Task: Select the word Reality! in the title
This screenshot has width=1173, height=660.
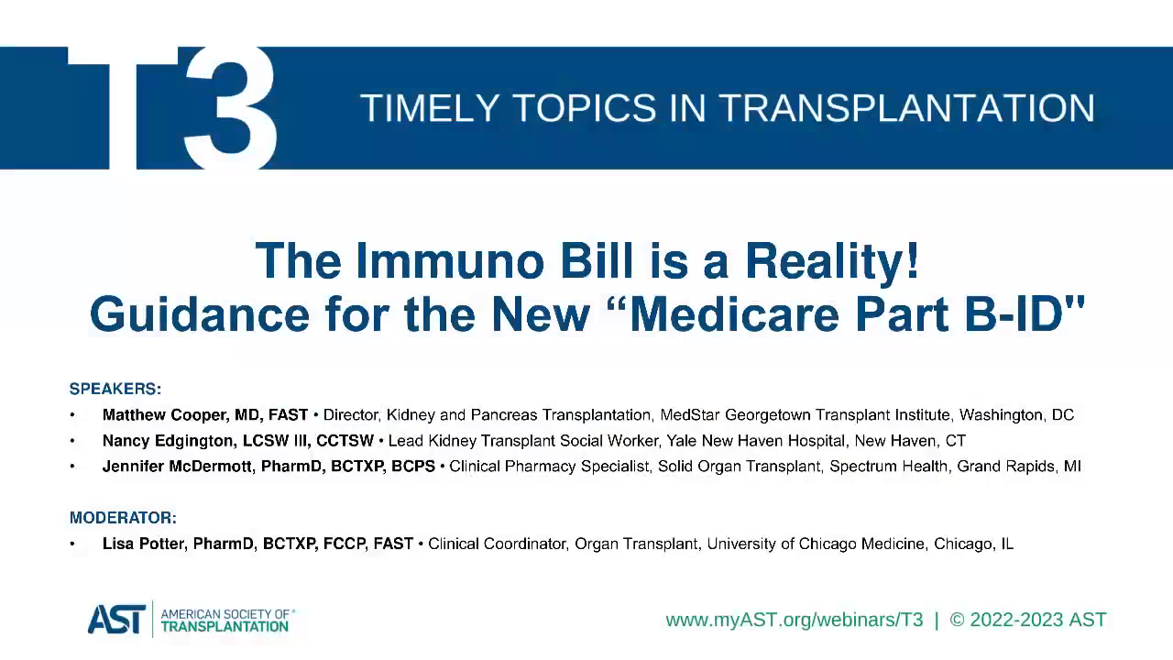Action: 832,261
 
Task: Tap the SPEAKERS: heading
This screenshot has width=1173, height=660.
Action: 115,389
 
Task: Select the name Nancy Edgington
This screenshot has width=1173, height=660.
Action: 170,441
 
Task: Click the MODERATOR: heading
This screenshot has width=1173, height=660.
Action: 123,518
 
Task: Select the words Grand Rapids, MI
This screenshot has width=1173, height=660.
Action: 1019,467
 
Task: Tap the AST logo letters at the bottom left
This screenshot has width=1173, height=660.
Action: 116,620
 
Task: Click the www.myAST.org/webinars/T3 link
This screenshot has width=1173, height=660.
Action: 794,621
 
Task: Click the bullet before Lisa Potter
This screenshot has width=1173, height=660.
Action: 72,544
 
